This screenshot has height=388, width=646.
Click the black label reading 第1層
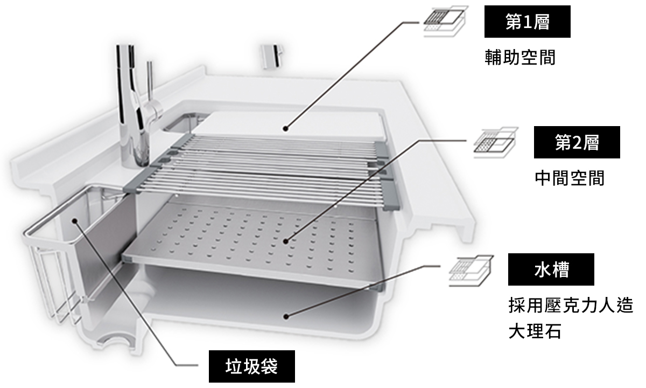click(527, 22)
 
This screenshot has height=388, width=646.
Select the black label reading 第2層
click(577, 142)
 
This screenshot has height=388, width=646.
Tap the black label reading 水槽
click(551, 269)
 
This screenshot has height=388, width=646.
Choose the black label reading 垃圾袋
click(251, 367)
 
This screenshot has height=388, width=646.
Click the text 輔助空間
click(519, 58)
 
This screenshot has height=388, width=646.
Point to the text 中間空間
click(569, 178)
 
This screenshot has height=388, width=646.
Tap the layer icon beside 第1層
click(444, 22)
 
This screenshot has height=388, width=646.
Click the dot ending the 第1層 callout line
click(285, 129)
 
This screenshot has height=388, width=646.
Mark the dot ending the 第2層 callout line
click(285, 242)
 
